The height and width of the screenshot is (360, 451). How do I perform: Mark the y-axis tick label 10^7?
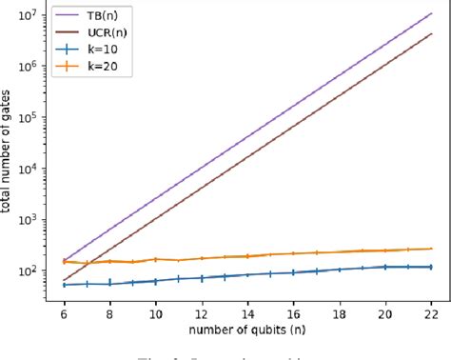[x=29, y=14]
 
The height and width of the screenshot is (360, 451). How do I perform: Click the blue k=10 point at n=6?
[x=64, y=284]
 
